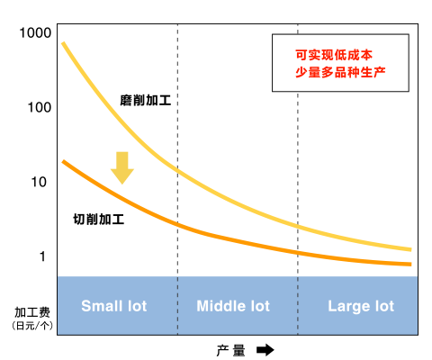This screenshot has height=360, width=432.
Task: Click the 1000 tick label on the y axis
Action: tap(35, 32)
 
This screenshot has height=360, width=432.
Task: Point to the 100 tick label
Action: tap(40, 107)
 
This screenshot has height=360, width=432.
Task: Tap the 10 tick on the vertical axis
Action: tap(39, 182)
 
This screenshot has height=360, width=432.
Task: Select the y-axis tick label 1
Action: tap(42, 256)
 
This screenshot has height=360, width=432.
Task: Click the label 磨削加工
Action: tap(146, 100)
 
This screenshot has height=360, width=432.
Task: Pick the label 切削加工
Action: tap(99, 220)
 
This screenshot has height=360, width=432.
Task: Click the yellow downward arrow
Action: tap(122, 167)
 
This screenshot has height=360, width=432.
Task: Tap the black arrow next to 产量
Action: tap(265, 350)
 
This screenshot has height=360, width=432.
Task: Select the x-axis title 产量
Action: tap(230, 350)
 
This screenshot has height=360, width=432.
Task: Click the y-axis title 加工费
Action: tap(32, 312)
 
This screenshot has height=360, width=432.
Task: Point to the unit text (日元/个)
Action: tap(32, 326)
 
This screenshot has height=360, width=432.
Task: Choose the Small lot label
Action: tap(114, 306)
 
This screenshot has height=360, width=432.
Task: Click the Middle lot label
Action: tap(233, 306)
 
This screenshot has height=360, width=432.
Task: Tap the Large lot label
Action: tap(361, 307)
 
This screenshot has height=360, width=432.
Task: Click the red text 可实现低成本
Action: tap(334, 55)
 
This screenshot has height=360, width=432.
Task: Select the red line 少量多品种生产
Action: tap(340, 72)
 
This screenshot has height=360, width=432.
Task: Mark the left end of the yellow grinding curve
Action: tap(63, 43)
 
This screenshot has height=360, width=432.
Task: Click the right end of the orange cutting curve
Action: tap(410, 265)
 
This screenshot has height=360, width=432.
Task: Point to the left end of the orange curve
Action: tap(63, 162)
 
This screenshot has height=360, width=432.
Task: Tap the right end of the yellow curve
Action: tap(410, 249)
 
